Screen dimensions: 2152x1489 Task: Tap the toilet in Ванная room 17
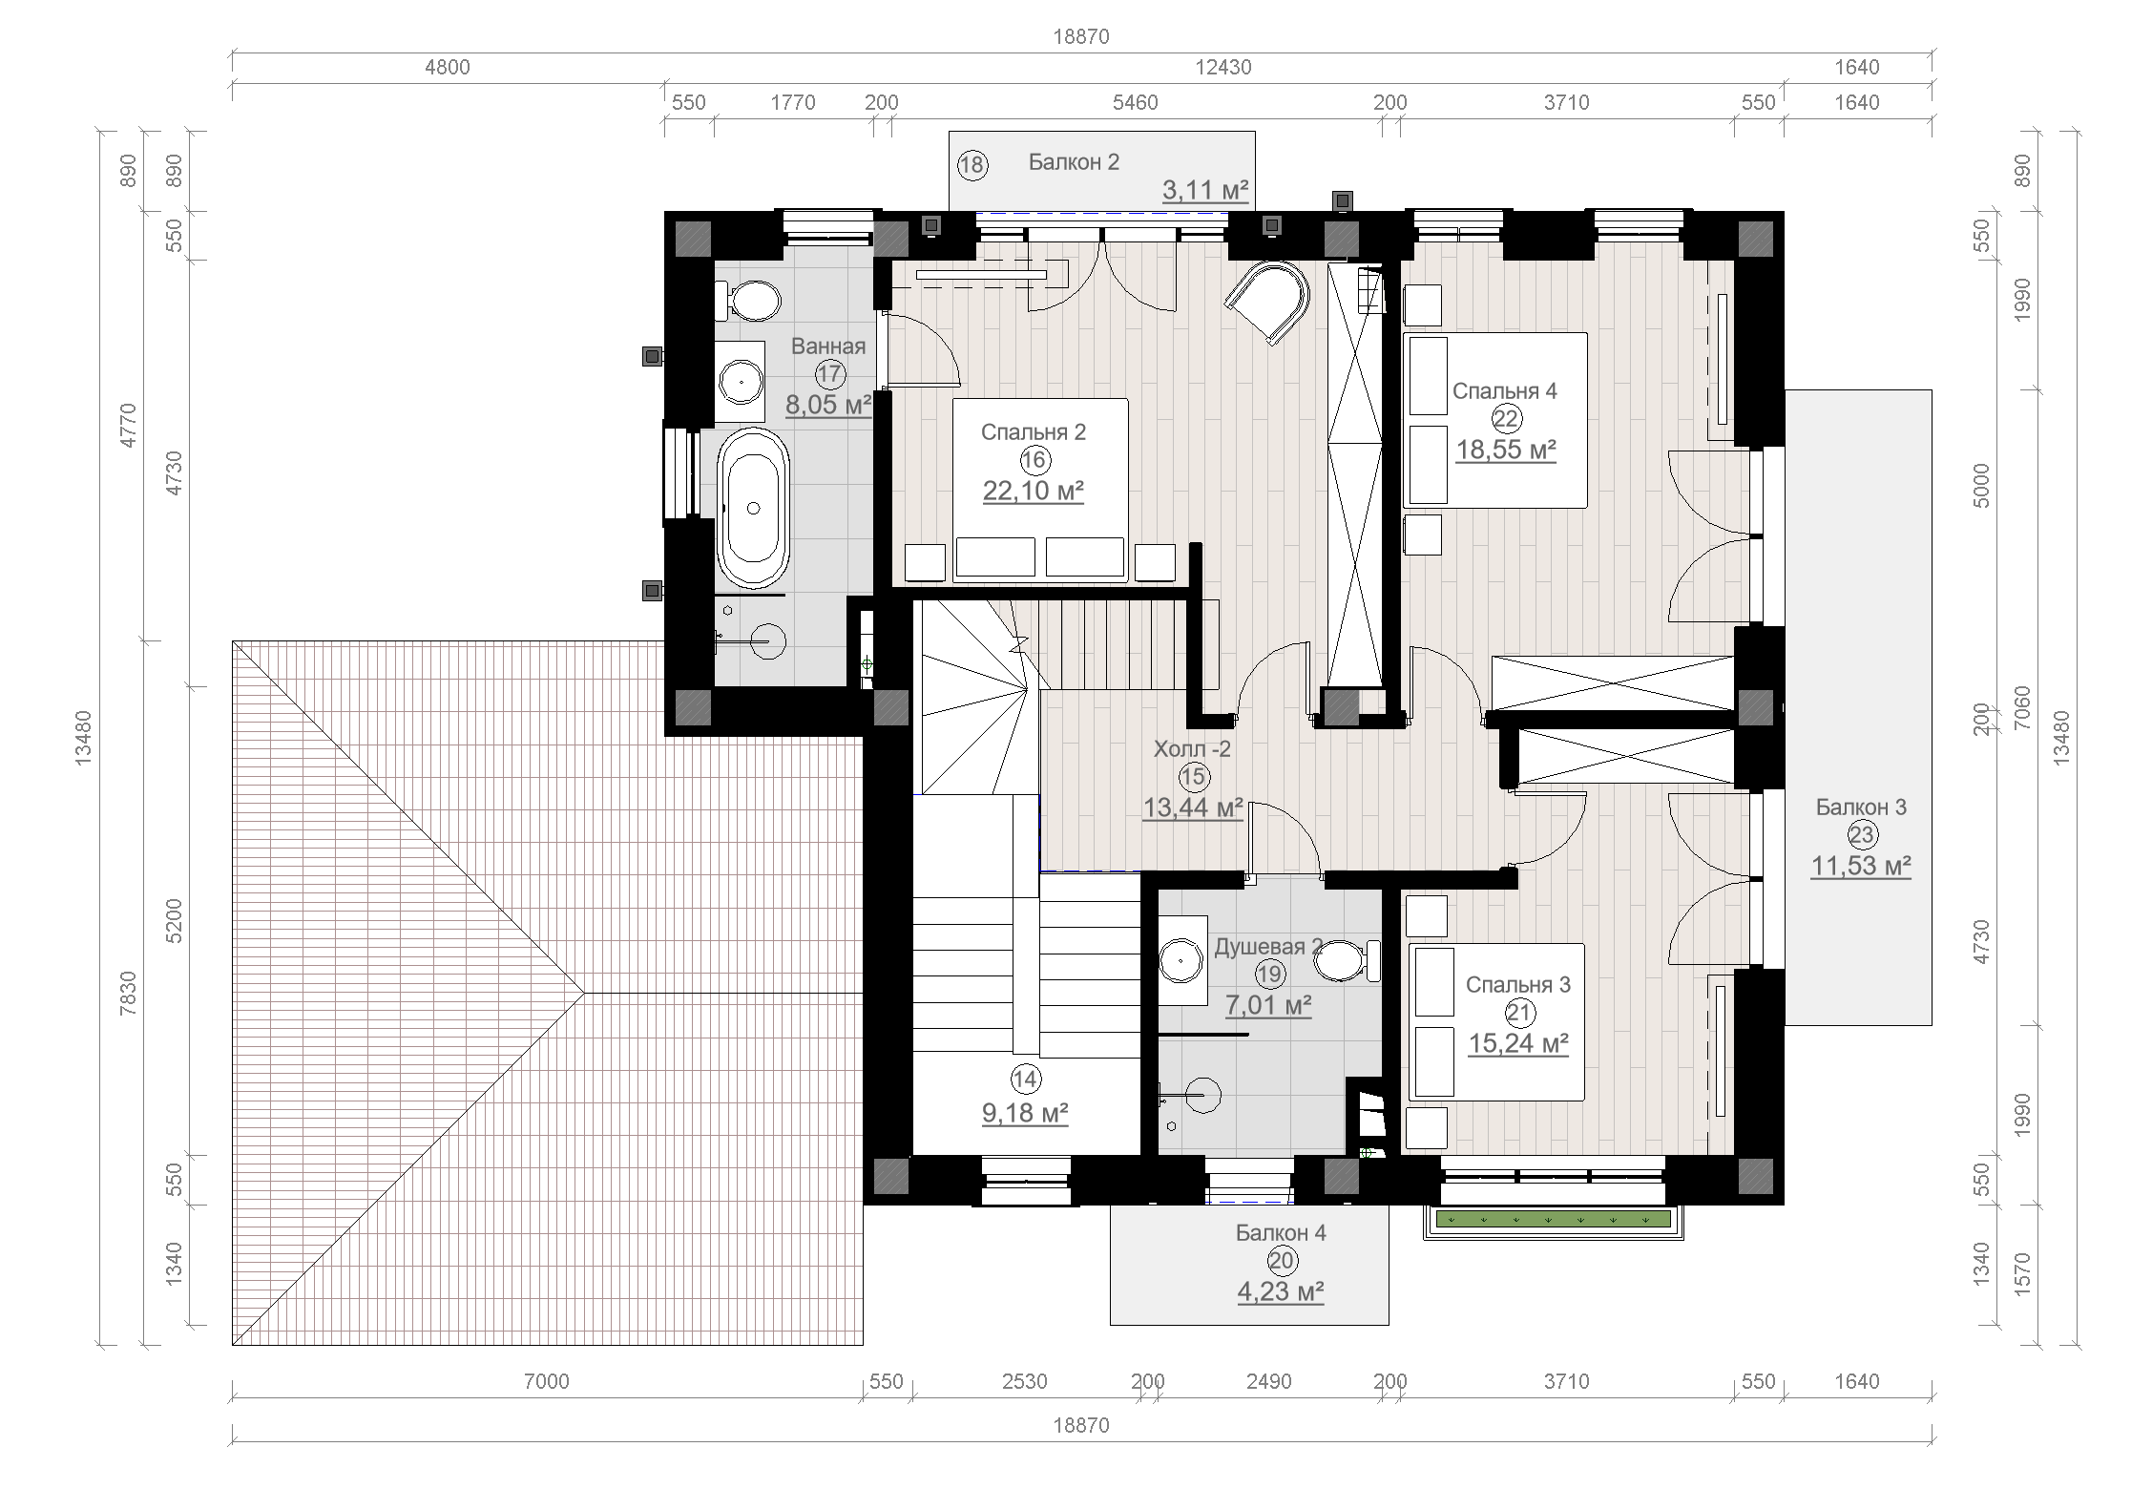pos(747,301)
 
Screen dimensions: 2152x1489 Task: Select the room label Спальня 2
pos(1034,432)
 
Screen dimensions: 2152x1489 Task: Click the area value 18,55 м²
pos(1506,449)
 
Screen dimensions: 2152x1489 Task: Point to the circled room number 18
pos(972,165)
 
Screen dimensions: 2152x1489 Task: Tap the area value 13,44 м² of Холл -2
pos(1193,807)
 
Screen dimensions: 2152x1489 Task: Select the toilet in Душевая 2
pos(1346,961)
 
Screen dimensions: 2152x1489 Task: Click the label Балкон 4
pos(1281,1232)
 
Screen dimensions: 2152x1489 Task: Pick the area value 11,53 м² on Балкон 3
pos(1861,866)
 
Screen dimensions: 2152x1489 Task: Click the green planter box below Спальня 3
pos(1554,1219)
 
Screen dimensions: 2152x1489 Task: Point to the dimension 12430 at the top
pos(1223,67)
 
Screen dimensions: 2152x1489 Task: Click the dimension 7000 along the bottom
pos(547,1381)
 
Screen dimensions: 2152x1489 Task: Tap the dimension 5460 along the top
pos(1136,102)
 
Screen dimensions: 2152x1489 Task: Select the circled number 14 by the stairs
pos(1025,1080)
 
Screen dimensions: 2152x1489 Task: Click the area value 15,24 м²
pos(1518,1043)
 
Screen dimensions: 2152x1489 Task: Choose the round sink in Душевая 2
pos(1181,959)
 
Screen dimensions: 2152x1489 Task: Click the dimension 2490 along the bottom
pos(1269,1381)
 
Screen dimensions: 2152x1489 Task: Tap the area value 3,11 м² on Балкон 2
pos(1205,191)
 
